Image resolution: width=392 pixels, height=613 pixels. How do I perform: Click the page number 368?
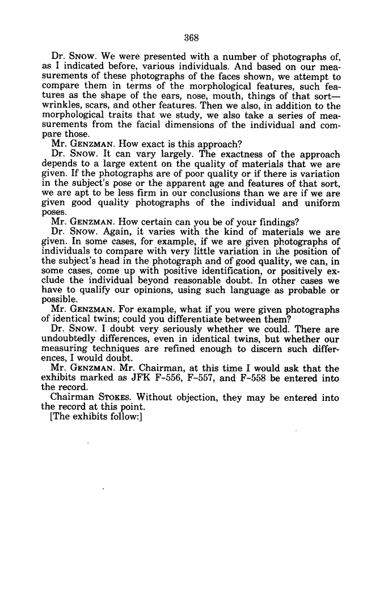click(x=191, y=39)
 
